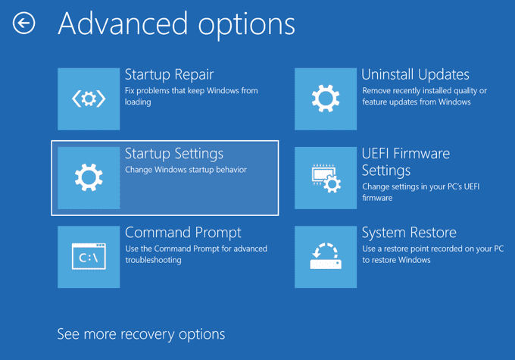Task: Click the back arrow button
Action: coord(23,23)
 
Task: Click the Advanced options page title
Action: coord(176,24)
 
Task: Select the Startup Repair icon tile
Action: coord(89,99)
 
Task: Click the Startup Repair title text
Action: coord(169,74)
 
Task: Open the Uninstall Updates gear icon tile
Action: coord(326,99)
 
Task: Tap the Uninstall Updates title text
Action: coord(415,74)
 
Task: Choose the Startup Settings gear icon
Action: coord(89,178)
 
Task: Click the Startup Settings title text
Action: coord(174,154)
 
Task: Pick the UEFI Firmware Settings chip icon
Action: coord(326,178)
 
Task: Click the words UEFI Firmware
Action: coord(406,154)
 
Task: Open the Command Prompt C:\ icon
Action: coord(89,257)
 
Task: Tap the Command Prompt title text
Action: coord(183,233)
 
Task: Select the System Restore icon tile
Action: coord(326,257)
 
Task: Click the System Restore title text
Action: coord(409,233)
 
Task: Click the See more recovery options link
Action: coord(141,334)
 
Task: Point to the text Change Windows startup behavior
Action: coord(186,170)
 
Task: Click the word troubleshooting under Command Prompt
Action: coord(153,260)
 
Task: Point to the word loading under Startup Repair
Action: coord(138,102)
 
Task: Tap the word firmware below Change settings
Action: coord(377,198)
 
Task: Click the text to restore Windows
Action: coord(396,260)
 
